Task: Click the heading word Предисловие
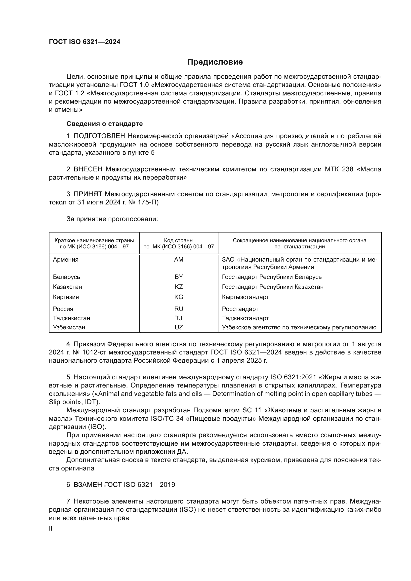[215, 62]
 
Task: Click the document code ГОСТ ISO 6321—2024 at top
[84, 42]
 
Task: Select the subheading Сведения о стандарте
[105, 124]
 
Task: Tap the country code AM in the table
[179, 259]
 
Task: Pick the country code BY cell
[179, 276]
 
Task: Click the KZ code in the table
[179, 287]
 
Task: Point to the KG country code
[179, 297]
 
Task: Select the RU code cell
[179, 309]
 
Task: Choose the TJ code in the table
[179, 318]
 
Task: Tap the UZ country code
[179, 327]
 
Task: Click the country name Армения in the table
[66, 259]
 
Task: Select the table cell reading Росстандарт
[240, 309]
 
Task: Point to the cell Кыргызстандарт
[245, 297]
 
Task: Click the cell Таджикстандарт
[245, 318]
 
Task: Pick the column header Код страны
[179, 240]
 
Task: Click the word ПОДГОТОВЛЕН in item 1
[99, 136]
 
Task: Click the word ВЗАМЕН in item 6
[87, 485]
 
